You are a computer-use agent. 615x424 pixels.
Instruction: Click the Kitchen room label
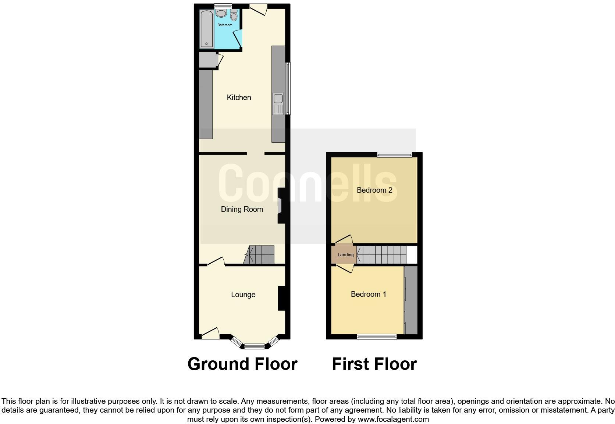[x=239, y=97]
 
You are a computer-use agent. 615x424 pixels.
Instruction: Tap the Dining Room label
[x=242, y=209]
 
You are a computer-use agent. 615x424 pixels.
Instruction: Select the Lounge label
[x=243, y=295]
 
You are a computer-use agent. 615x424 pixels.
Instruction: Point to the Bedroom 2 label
[x=374, y=190]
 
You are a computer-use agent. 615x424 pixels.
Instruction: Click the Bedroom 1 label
[x=368, y=294]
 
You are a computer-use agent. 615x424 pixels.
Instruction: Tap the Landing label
[x=345, y=254]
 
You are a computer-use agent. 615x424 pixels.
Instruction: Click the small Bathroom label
[x=224, y=25]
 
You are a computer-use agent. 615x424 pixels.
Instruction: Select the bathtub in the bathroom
[x=206, y=29]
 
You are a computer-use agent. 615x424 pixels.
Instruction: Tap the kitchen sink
[x=278, y=99]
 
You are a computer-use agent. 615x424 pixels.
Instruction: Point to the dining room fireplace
[x=282, y=206]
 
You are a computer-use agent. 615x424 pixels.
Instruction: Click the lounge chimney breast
[x=281, y=298]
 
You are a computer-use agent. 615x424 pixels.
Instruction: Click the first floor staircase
[x=383, y=254]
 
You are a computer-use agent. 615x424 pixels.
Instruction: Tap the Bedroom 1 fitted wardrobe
[x=411, y=300]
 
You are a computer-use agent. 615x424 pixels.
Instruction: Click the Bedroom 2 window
[x=394, y=155]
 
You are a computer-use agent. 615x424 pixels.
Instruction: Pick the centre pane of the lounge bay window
[x=255, y=346]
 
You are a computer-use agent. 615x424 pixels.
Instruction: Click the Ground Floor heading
[x=242, y=364]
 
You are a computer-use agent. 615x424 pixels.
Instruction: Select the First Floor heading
[x=374, y=364]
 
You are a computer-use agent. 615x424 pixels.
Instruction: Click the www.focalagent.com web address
[x=393, y=419]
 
